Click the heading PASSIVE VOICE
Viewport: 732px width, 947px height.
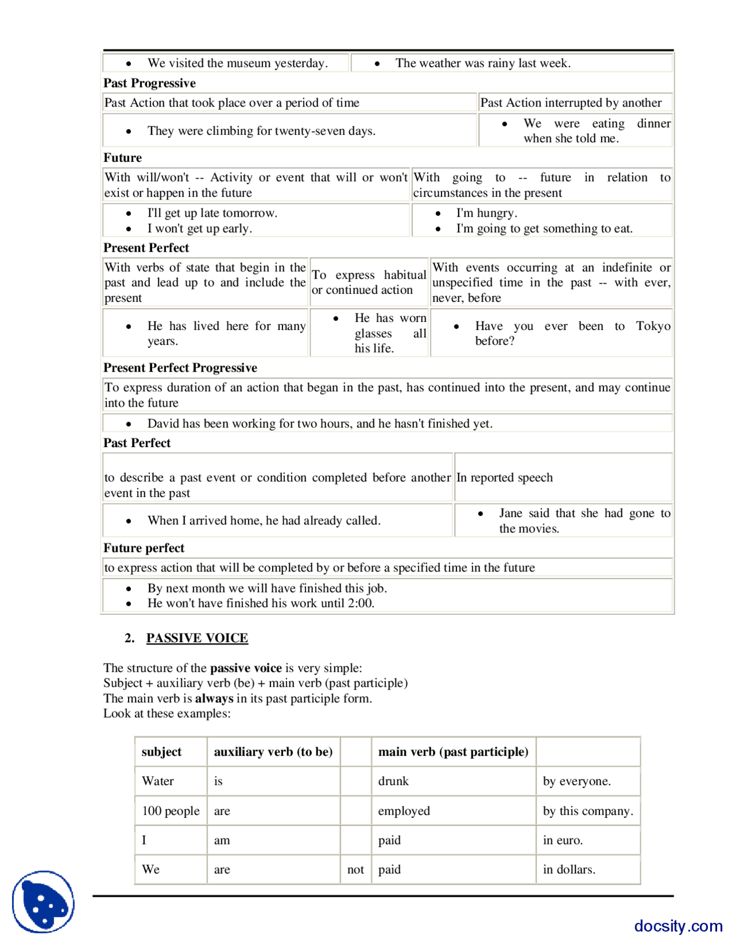pyautogui.click(x=197, y=638)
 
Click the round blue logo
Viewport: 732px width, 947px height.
pyautogui.click(x=43, y=902)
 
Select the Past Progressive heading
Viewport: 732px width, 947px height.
pyautogui.click(x=149, y=83)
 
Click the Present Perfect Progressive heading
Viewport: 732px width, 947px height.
pyautogui.click(x=180, y=368)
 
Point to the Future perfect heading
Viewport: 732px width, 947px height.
pyautogui.click(x=144, y=548)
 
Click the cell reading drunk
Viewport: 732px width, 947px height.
pyautogui.click(x=393, y=781)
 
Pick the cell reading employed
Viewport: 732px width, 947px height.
pyautogui.click(x=404, y=811)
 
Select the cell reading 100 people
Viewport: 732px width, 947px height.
pyautogui.click(x=170, y=811)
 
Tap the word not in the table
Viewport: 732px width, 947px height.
pyautogui.click(x=356, y=870)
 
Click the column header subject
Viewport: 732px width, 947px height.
pyautogui.click(x=161, y=752)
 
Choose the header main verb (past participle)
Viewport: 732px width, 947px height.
pyautogui.click(x=453, y=752)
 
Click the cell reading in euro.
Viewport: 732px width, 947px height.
pyautogui.click(x=563, y=840)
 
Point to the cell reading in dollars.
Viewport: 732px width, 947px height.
pyautogui.click(x=569, y=870)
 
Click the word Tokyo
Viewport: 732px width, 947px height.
pyautogui.click(x=653, y=326)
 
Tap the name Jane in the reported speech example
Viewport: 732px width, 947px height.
pyautogui.click(x=511, y=514)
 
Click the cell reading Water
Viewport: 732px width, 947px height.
pyautogui.click(x=158, y=781)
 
